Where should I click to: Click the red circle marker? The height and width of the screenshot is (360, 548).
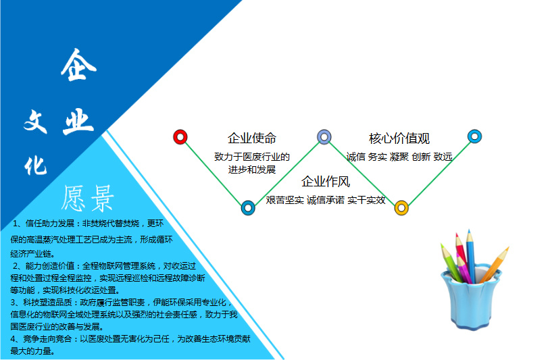coord(180,137)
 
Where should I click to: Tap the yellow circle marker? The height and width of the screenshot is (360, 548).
coord(401,208)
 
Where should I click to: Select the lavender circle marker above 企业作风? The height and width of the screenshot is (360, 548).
coord(324,137)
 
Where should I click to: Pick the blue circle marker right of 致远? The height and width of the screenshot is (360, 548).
coord(474,136)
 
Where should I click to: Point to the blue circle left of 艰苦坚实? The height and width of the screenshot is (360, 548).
coord(248,208)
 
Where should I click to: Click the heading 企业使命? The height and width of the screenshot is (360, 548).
coord(252,138)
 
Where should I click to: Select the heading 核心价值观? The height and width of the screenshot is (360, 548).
coord(399,138)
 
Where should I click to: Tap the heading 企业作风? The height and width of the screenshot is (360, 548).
coord(326,182)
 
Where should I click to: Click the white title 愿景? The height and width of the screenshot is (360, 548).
coord(88,199)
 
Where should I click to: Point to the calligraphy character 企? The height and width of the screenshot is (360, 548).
coord(78,65)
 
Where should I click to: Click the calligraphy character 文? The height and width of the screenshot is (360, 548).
coord(36,121)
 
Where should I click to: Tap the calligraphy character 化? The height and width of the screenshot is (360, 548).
coord(35,165)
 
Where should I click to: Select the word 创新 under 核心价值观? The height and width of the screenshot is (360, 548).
coord(421,157)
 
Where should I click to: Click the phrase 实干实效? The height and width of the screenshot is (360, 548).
coord(366,200)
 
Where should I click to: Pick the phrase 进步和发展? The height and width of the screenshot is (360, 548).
coord(252,170)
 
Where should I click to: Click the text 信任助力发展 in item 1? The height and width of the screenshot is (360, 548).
coord(50,224)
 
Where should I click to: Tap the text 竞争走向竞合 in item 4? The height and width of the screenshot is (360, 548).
coord(47,338)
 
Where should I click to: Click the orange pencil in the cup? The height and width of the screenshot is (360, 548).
coord(495,264)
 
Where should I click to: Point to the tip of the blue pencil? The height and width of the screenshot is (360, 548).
coord(469,230)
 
